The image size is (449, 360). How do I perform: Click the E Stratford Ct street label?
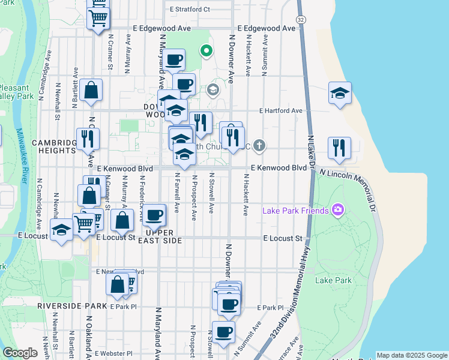coord(190,10)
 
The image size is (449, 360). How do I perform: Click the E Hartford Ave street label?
coord(281,111)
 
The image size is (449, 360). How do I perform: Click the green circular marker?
coord(206,52)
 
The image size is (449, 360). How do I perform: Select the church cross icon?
coord(259,145)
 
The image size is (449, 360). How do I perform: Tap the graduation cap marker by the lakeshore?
coord(340,93)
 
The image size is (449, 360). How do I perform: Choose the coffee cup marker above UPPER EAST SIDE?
coord(154,214)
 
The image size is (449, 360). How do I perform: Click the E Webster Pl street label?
coord(113,354)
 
